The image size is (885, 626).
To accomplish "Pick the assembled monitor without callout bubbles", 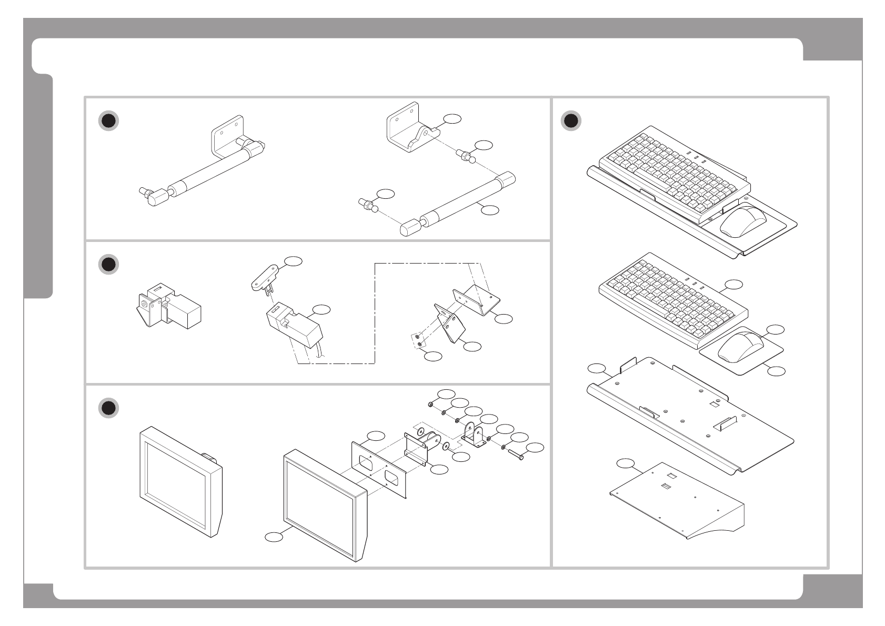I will click(180, 481).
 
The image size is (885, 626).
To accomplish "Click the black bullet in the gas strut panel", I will click(108, 121).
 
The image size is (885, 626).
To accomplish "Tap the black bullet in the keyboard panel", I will click(571, 121).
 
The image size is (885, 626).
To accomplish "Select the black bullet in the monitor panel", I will click(108, 408).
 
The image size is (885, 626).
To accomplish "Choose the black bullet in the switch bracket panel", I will click(108, 265).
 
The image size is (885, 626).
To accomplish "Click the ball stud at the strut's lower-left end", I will click(368, 205).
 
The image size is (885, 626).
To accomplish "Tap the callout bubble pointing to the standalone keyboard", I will click(733, 285).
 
